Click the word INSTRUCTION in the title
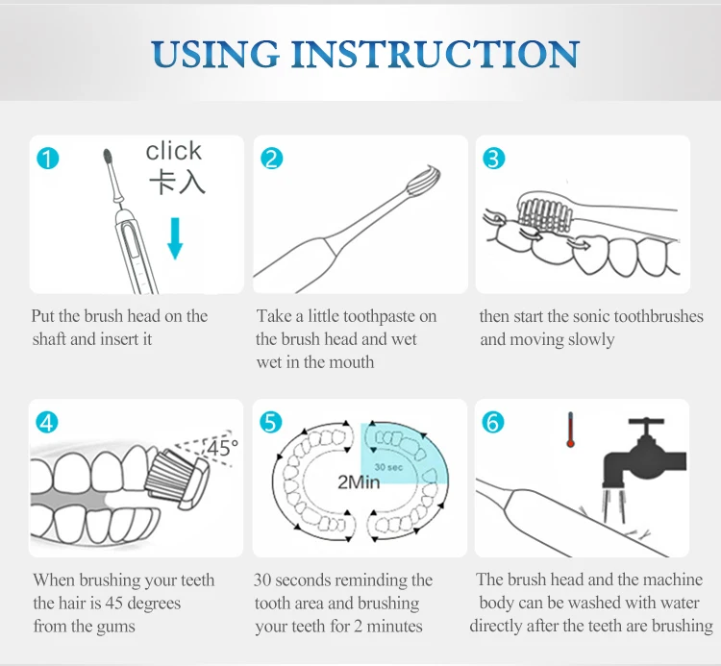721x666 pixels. [x=435, y=54]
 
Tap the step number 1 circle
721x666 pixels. [x=48, y=159]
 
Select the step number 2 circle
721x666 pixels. [x=272, y=159]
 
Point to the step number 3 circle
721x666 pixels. [x=494, y=159]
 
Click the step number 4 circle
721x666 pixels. [x=47, y=423]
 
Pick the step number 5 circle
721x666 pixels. [x=271, y=423]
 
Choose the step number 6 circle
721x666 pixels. [x=493, y=423]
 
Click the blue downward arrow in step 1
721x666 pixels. [x=175, y=238]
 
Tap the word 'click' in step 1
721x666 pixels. [x=174, y=151]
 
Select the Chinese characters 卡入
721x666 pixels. [x=177, y=182]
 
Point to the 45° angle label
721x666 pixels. [x=223, y=447]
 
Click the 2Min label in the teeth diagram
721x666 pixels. [x=359, y=481]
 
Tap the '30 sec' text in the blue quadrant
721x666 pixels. [x=388, y=467]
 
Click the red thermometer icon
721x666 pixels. [x=570, y=430]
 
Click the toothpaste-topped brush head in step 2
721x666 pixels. [x=423, y=181]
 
